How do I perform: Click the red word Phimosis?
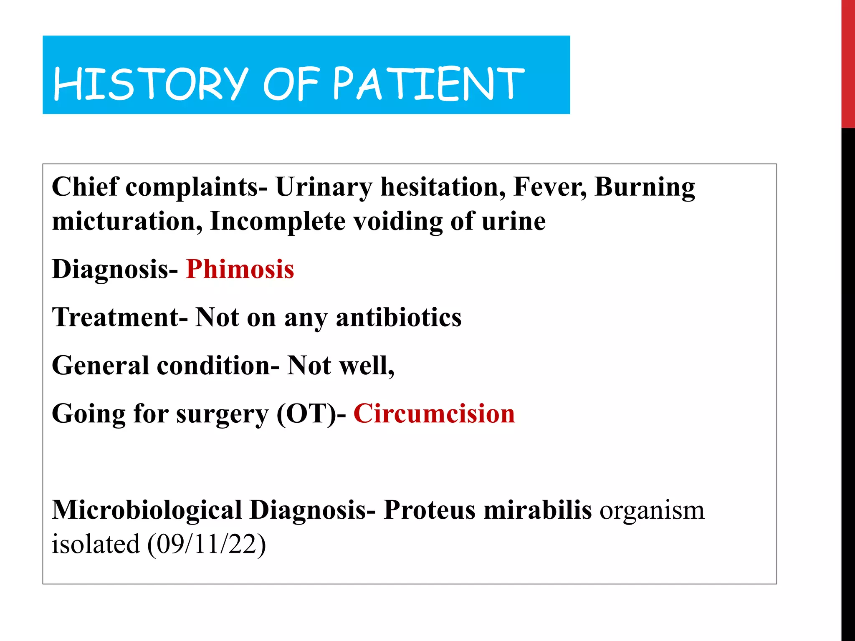click(x=240, y=269)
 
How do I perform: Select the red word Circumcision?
click(x=434, y=414)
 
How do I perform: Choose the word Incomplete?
click(x=278, y=222)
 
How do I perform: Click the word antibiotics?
click(x=399, y=318)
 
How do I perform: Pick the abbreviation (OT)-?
click(x=311, y=414)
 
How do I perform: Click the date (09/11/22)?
click(x=206, y=545)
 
